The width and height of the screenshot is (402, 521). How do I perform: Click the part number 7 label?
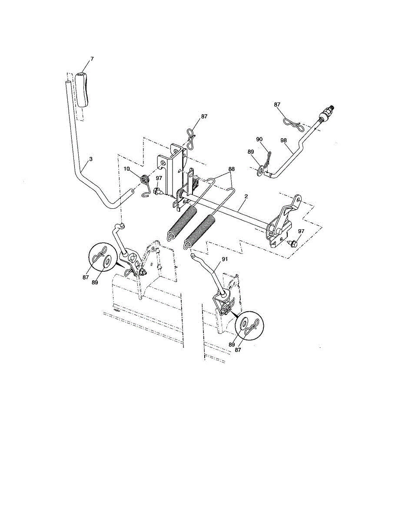click(x=92, y=58)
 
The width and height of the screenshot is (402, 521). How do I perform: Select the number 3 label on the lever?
click(x=90, y=159)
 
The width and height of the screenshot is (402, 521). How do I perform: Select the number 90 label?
click(x=259, y=139)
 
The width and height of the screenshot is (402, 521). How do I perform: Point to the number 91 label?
click(x=225, y=259)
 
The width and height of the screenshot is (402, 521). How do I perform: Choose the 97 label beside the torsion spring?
click(x=159, y=178)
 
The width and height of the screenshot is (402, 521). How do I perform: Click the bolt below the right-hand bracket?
click(x=292, y=244)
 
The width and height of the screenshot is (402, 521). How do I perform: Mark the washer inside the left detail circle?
click(x=107, y=262)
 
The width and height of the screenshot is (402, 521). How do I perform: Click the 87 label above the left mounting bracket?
click(x=204, y=117)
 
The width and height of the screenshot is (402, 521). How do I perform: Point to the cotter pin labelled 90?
click(x=268, y=157)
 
